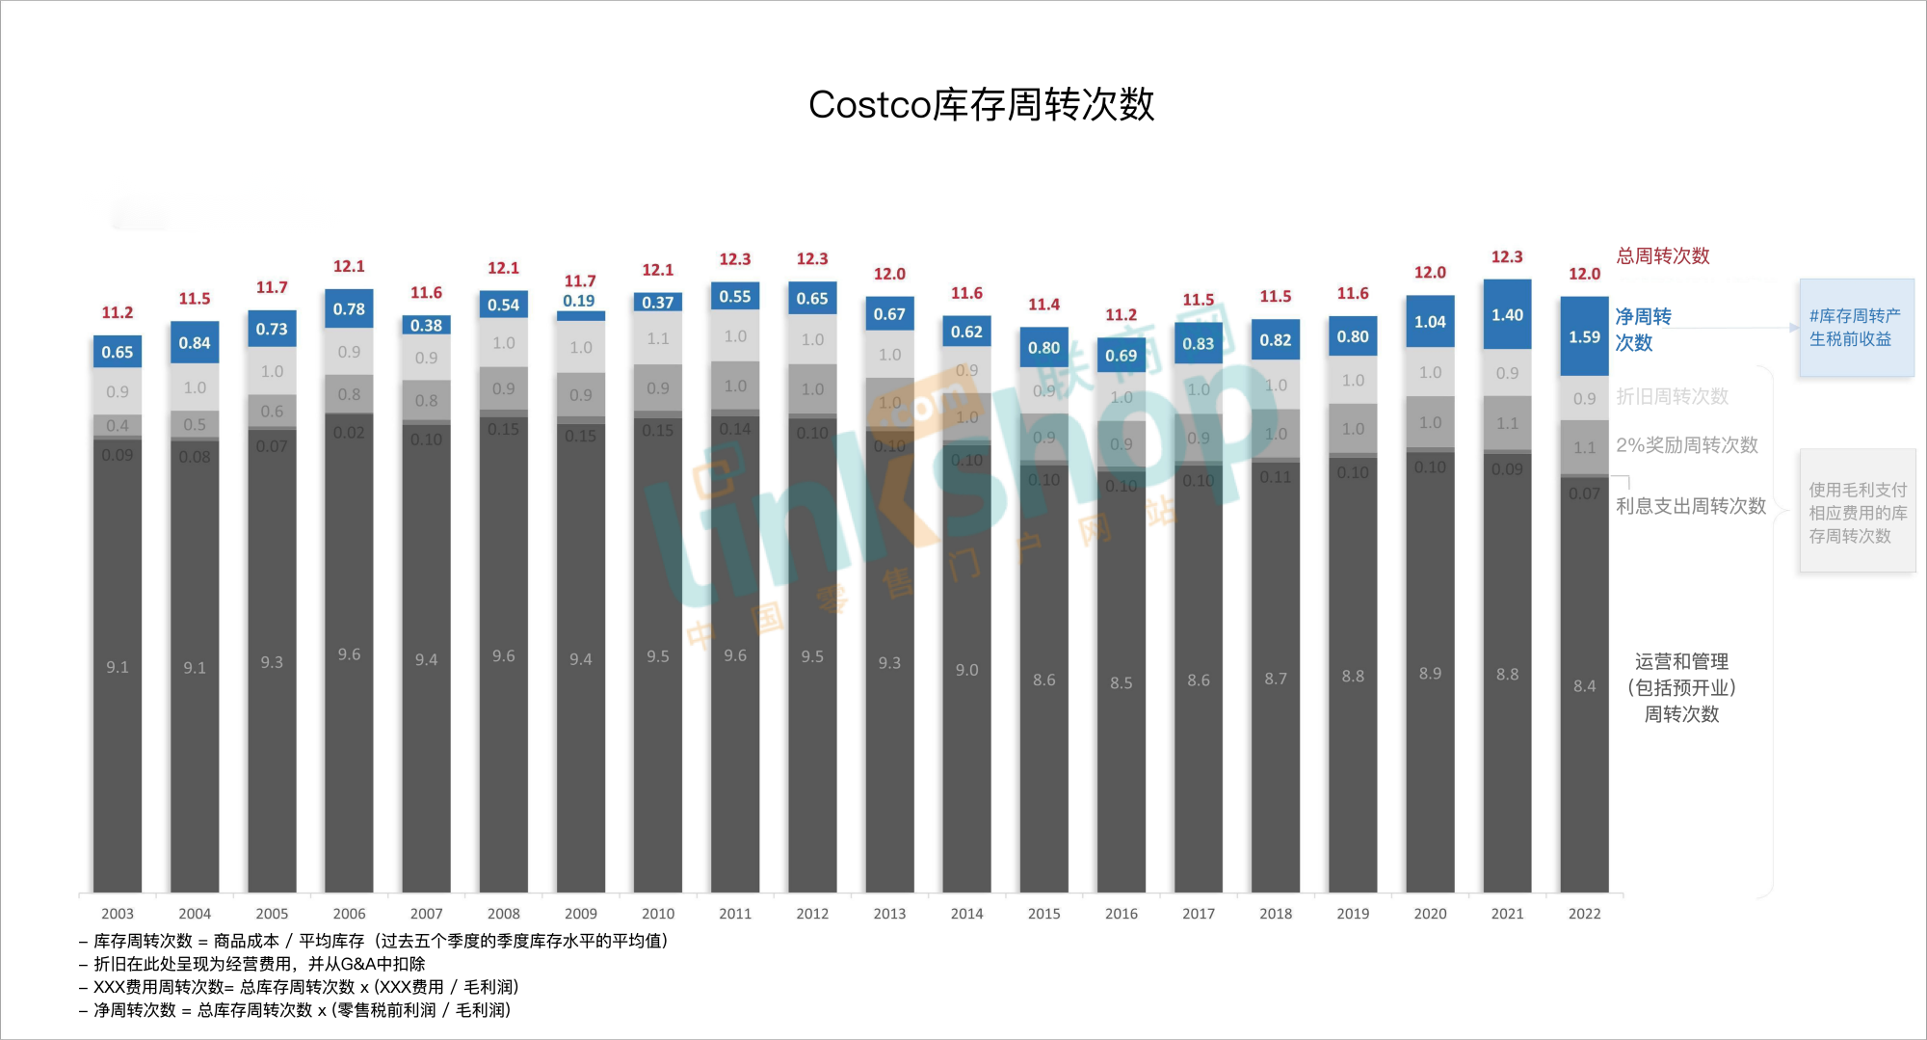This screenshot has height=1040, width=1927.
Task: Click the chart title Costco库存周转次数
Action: pos(981,104)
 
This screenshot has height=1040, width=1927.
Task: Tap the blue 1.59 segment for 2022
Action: pos(1584,337)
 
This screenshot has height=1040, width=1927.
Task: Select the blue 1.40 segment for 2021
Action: pos(1507,315)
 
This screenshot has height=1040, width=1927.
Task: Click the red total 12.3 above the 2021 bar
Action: pos(1507,257)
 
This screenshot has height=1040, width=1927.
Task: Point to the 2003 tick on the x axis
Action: pos(118,914)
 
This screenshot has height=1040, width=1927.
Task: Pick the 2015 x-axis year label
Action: pos(1043,914)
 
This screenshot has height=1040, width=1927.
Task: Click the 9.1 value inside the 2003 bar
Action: pos(118,667)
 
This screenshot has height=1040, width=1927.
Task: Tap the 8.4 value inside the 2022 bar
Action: pos(1584,686)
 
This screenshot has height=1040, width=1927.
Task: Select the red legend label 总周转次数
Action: pos(1663,256)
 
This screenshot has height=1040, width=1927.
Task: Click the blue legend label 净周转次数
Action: pos(1643,330)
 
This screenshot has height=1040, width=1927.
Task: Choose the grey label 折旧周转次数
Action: pos(1672,397)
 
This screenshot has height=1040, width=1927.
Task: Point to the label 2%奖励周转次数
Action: pos(1686,445)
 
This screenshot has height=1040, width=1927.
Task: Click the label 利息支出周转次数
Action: pos(1690,506)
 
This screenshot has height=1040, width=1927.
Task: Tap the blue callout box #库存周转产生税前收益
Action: pos(1856,328)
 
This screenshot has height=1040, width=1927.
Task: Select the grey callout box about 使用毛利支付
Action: pos(1857,513)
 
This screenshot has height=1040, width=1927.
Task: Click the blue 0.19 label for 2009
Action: pos(579,301)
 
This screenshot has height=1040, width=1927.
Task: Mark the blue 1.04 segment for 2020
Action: pos(1430,322)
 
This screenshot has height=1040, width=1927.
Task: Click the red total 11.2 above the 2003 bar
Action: pos(118,313)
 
